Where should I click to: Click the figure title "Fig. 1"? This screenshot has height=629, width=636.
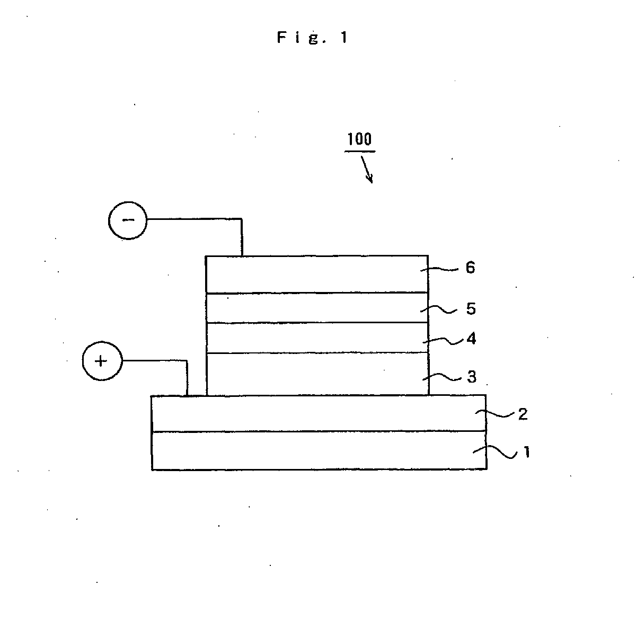313,38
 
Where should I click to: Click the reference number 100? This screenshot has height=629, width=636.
360,140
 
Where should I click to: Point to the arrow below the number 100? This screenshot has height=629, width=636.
367,171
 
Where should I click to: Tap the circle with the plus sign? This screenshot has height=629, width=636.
102,361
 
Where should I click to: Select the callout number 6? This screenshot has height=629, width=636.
470,268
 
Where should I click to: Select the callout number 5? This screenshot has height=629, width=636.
471,309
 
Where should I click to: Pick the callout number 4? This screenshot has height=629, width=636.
471,339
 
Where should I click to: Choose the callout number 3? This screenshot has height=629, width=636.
471,377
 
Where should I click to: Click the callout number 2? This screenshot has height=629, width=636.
523,414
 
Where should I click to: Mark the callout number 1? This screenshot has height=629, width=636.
526,453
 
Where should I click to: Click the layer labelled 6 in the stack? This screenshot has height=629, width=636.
316,274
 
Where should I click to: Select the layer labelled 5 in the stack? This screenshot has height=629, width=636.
316,308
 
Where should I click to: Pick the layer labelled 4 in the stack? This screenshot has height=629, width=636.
316,338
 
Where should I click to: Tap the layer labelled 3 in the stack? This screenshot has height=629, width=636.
316,374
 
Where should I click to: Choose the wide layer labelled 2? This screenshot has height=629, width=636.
318,413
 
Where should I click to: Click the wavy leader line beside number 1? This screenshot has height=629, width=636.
501,452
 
